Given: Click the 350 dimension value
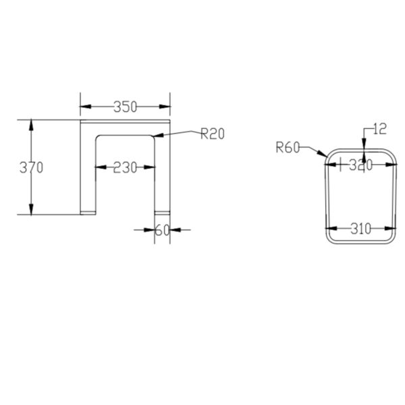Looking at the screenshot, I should click(x=126, y=107).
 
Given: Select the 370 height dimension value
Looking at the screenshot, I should click(x=31, y=167).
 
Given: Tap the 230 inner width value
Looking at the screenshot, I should click(x=125, y=167).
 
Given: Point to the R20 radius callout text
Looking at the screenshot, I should click(x=212, y=134).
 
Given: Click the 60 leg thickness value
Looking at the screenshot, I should click(x=162, y=230).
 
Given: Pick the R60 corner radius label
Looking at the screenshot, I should click(x=287, y=148).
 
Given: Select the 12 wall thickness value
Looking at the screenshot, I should click(x=380, y=128).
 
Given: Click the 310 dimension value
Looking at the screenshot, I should click(x=360, y=229).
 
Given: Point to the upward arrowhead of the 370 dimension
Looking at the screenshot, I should click(x=31, y=124).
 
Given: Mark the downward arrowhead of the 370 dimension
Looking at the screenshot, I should click(x=31, y=211).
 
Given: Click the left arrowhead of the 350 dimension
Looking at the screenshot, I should click(x=84, y=107).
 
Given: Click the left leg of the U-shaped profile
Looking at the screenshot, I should click(x=88, y=175).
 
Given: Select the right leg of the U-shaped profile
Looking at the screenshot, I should click(x=162, y=175).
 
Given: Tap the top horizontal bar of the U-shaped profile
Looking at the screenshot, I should click(x=125, y=128).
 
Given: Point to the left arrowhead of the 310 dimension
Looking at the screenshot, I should click(x=331, y=229).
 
